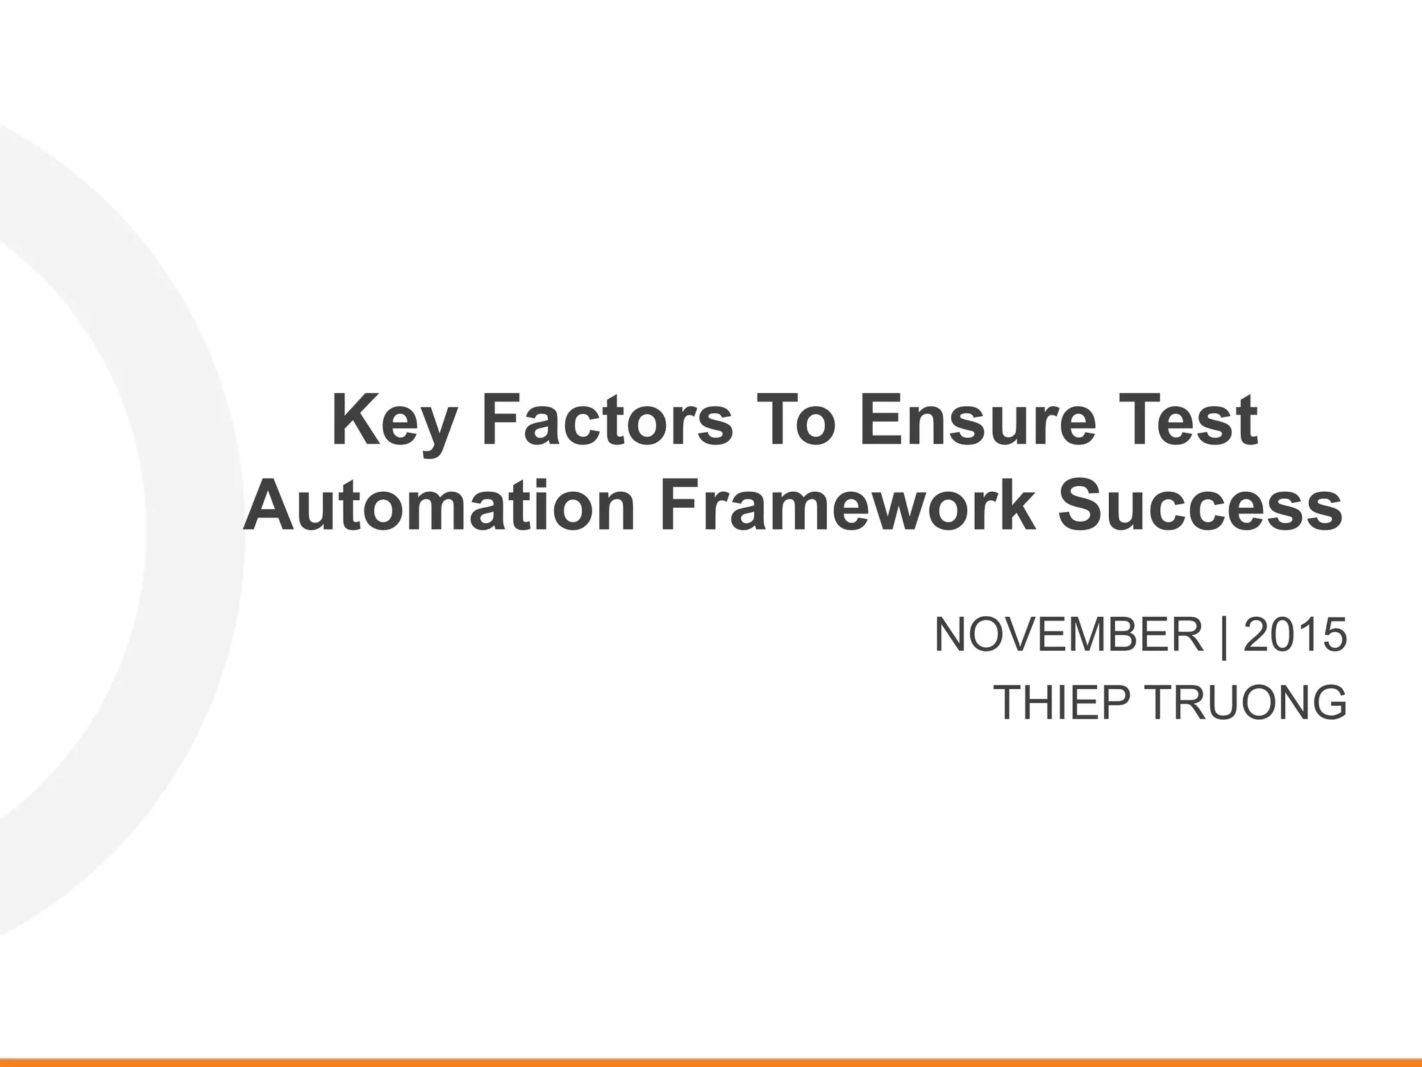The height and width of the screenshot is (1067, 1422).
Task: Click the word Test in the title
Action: [x=1190, y=421]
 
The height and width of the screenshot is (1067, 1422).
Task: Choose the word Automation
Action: [x=439, y=506]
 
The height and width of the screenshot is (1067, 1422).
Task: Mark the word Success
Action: [x=1200, y=506]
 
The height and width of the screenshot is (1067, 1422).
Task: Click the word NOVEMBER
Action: [x=1069, y=635]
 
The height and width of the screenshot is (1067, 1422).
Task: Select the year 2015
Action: [x=1294, y=635]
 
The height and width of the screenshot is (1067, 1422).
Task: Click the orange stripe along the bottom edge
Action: [x=711, y=1062]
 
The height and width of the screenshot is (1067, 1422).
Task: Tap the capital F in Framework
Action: [x=679, y=506]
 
